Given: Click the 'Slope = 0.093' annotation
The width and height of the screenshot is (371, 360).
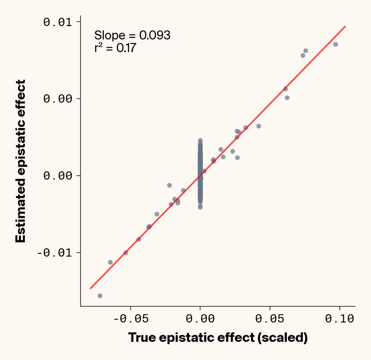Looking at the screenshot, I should tap(132, 35).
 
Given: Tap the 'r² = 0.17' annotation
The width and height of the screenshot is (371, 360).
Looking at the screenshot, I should tap(115, 48).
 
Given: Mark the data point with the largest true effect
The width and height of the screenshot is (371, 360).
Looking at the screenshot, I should tap(335, 44).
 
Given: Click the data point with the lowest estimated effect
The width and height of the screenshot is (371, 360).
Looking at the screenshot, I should tap(100, 296).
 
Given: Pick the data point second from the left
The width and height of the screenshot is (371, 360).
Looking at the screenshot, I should tap(110, 262).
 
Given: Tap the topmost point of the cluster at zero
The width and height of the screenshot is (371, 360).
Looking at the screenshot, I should tap(200, 141).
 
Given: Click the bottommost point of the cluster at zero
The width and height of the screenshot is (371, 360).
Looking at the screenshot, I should tap(200, 207).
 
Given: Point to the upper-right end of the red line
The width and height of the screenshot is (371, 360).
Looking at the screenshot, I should tap(345, 26).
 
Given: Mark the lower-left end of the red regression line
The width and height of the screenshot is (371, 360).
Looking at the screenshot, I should tap(90, 288).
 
